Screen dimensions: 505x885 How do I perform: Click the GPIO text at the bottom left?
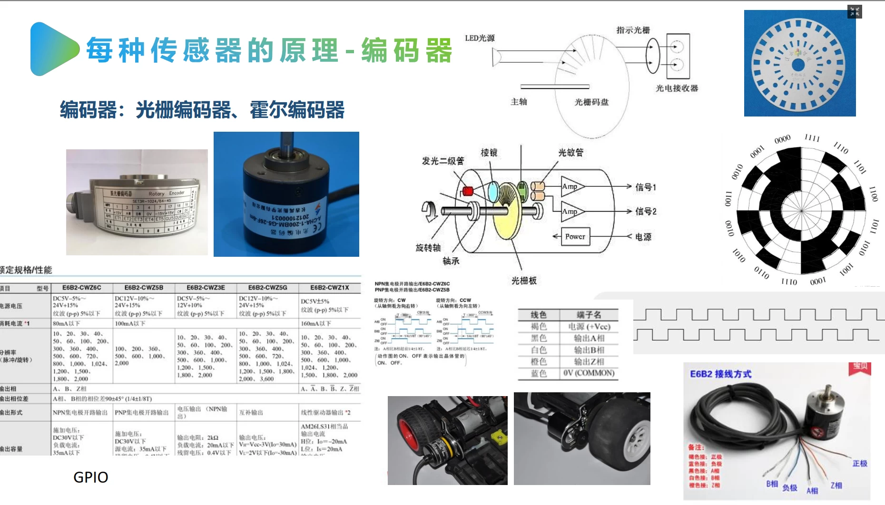tap(90, 477)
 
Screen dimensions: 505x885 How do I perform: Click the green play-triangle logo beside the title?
tap(52, 49)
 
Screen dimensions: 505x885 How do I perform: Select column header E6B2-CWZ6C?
tap(82, 288)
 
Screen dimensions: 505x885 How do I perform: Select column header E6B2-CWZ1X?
tap(329, 288)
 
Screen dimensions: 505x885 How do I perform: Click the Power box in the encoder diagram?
tap(575, 236)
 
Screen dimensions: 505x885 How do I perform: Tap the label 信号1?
tap(646, 187)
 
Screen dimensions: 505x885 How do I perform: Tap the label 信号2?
tap(646, 211)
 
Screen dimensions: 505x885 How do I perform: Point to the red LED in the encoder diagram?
tap(468, 191)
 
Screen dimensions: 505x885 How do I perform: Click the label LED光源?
tap(480, 38)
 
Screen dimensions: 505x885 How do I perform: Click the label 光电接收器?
tap(677, 88)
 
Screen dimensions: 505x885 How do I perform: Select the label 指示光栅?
tap(633, 30)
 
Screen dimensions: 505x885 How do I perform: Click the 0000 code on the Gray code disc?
tap(782, 139)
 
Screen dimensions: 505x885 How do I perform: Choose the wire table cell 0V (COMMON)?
tap(589, 373)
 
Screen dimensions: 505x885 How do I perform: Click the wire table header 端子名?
tap(589, 315)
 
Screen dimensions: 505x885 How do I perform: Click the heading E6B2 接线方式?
tap(720, 374)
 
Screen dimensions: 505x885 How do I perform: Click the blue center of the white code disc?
tap(798, 65)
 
